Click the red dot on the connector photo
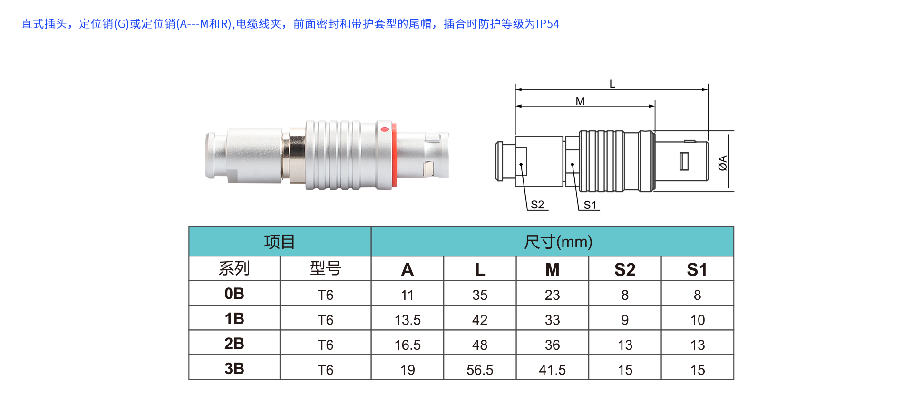[x=385, y=129]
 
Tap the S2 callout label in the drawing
[x=537, y=205]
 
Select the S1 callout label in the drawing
[x=590, y=205]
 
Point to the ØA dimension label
[x=723, y=163]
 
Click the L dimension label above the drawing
[x=612, y=84]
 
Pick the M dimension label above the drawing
[x=580, y=101]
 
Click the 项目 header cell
[x=280, y=242]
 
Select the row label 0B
[x=234, y=294]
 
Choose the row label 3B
[x=234, y=368]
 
